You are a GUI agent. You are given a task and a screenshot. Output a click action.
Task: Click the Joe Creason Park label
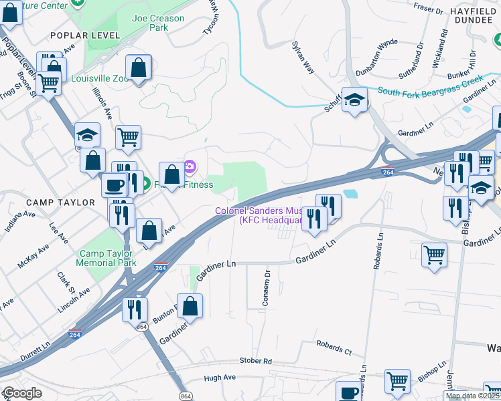coord(158,23)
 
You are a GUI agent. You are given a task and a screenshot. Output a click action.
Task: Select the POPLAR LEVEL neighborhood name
coord(92,35)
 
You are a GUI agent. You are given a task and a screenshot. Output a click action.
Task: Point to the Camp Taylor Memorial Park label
coord(108,258)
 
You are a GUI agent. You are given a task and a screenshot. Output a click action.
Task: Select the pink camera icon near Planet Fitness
coord(190,166)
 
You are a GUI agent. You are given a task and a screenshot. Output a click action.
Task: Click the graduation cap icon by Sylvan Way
coord(354,100)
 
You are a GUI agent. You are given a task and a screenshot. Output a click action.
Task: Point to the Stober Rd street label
coord(257,361)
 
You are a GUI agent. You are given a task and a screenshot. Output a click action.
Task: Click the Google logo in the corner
coord(22,393)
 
